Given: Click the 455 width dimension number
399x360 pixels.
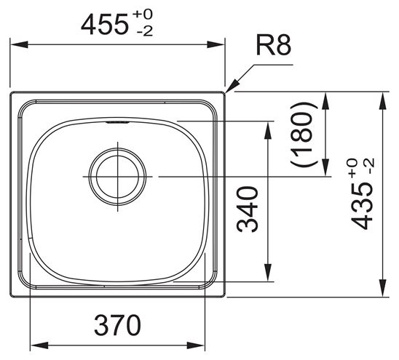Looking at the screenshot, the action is [x=104, y=25].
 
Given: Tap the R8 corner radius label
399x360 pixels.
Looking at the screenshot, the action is [x=273, y=45].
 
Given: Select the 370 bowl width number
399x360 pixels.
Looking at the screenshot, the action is [x=117, y=325].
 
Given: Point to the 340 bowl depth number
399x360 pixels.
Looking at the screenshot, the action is [x=248, y=209].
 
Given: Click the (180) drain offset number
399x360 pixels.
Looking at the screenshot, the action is [x=304, y=135].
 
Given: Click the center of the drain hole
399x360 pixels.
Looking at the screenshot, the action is [x=117, y=177].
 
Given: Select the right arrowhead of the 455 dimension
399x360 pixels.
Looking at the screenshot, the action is [x=216, y=44].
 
